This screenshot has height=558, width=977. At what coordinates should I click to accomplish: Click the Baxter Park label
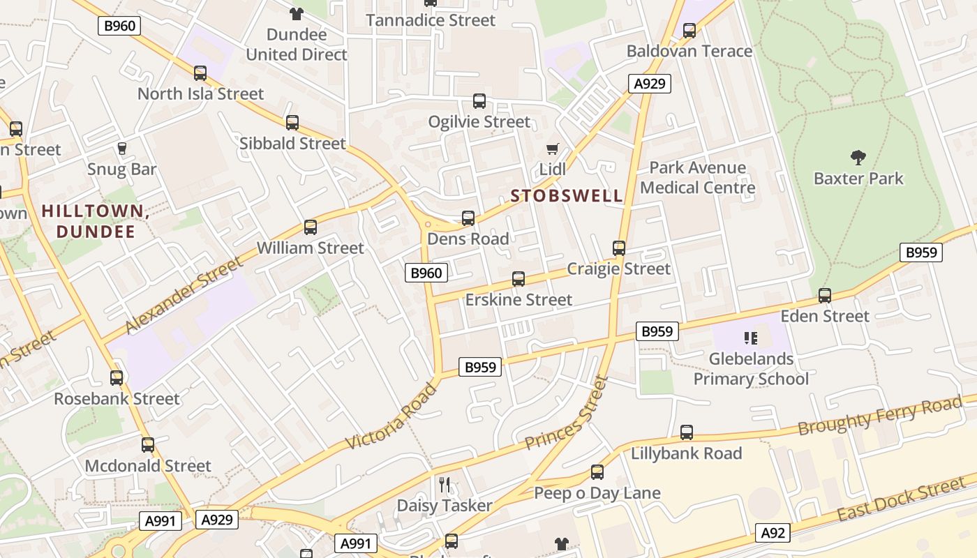point(858,179)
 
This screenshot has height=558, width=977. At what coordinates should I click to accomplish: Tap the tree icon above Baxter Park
point(858,157)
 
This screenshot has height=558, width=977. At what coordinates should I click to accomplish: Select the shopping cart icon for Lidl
point(553,149)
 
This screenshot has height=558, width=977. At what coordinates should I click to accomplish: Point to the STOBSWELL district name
point(567,196)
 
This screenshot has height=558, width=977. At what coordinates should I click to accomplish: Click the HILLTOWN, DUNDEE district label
point(96,221)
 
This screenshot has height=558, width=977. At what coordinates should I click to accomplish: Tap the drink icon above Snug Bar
point(121,149)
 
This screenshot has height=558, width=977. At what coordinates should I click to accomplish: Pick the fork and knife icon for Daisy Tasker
point(445,484)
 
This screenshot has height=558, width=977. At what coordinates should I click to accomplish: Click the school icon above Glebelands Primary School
point(751,338)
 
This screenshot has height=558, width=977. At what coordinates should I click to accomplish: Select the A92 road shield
point(773,534)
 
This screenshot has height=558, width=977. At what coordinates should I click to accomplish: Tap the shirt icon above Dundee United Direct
point(297,13)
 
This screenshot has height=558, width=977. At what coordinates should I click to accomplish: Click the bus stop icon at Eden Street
point(825,296)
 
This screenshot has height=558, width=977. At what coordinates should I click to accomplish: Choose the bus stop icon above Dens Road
point(468,218)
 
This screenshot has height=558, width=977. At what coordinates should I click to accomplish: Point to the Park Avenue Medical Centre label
point(697,178)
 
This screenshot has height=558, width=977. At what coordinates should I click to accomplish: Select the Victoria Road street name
point(391,417)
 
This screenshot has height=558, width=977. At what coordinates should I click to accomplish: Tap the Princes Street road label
point(567,414)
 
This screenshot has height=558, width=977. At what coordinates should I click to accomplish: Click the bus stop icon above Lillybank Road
point(687,432)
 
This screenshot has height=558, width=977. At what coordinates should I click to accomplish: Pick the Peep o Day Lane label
point(597,494)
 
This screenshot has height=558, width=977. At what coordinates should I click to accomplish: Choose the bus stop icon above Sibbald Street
point(292,123)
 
